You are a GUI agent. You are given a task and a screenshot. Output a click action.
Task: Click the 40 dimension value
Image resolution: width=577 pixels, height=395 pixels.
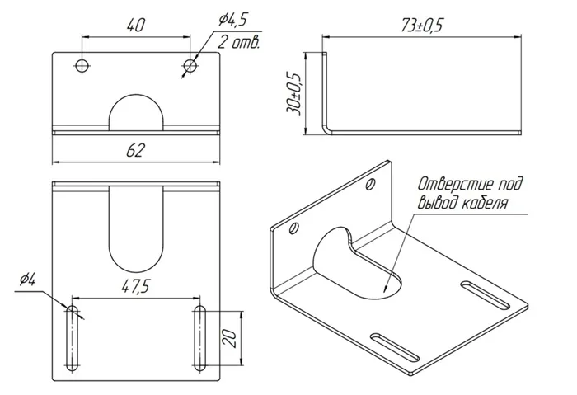point(136,25)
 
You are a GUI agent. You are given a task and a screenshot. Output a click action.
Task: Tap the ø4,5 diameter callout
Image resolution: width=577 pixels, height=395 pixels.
point(232,21)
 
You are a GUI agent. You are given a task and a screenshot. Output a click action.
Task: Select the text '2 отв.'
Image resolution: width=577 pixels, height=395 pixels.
point(238,42)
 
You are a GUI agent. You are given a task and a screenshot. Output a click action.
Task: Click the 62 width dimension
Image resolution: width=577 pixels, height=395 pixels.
point(136,150)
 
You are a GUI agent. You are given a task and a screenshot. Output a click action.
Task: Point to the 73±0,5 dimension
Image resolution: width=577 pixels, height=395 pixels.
point(421,26)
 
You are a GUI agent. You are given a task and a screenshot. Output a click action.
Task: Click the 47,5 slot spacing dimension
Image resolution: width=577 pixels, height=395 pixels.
point(136,286)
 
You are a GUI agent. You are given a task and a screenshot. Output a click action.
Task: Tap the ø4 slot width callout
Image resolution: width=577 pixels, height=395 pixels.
point(27,280)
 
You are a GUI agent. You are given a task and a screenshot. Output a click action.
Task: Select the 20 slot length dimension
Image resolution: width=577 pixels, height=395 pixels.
point(229,339)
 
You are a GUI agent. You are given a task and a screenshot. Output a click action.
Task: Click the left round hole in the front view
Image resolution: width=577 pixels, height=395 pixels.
point(82,66)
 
